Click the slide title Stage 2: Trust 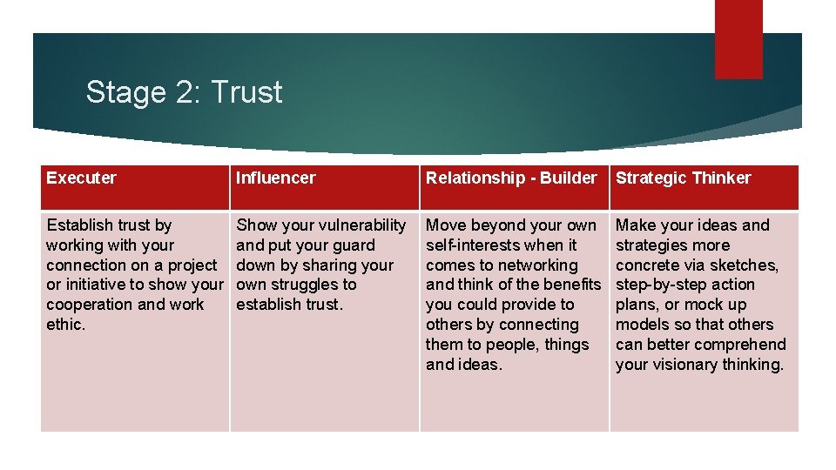pyautogui.click(x=184, y=92)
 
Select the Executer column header pyautogui.click(x=81, y=178)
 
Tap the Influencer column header pyautogui.click(x=276, y=178)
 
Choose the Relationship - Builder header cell pyautogui.click(x=511, y=178)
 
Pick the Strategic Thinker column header pyautogui.click(x=683, y=178)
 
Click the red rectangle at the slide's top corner pyautogui.click(x=738, y=38)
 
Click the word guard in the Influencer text pyautogui.click(x=353, y=245)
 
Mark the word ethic pyautogui.click(x=66, y=325)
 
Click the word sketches pyautogui.click(x=746, y=265)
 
